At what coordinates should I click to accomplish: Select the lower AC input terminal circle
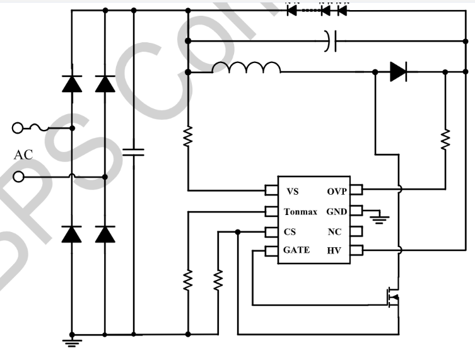(x=18, y=177)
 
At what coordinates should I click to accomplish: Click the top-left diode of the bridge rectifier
(x=71, y=84)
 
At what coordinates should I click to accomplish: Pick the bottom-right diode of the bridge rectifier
(x=105, y=234)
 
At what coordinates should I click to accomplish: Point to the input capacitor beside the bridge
(x=134, y=151)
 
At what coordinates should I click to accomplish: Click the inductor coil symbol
(x=246, y=67)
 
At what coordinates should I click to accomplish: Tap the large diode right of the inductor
(x=397, y=72)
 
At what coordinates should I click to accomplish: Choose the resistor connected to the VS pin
(x=188, y=137)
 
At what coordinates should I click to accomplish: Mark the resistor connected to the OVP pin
(x=445, y=138)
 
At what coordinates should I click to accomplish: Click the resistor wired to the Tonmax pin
(x=188, y=280)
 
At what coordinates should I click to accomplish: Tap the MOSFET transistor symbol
(x=395, y=296)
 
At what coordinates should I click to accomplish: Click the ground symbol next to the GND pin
(x=379, y=219)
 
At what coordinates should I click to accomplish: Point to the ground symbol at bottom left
(x=71, y=342)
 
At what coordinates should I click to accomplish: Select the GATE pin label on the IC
(x=296, y=250)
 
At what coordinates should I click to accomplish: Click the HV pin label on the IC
(x=334, y=251)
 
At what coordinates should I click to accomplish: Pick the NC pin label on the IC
(x=334, y=231)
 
